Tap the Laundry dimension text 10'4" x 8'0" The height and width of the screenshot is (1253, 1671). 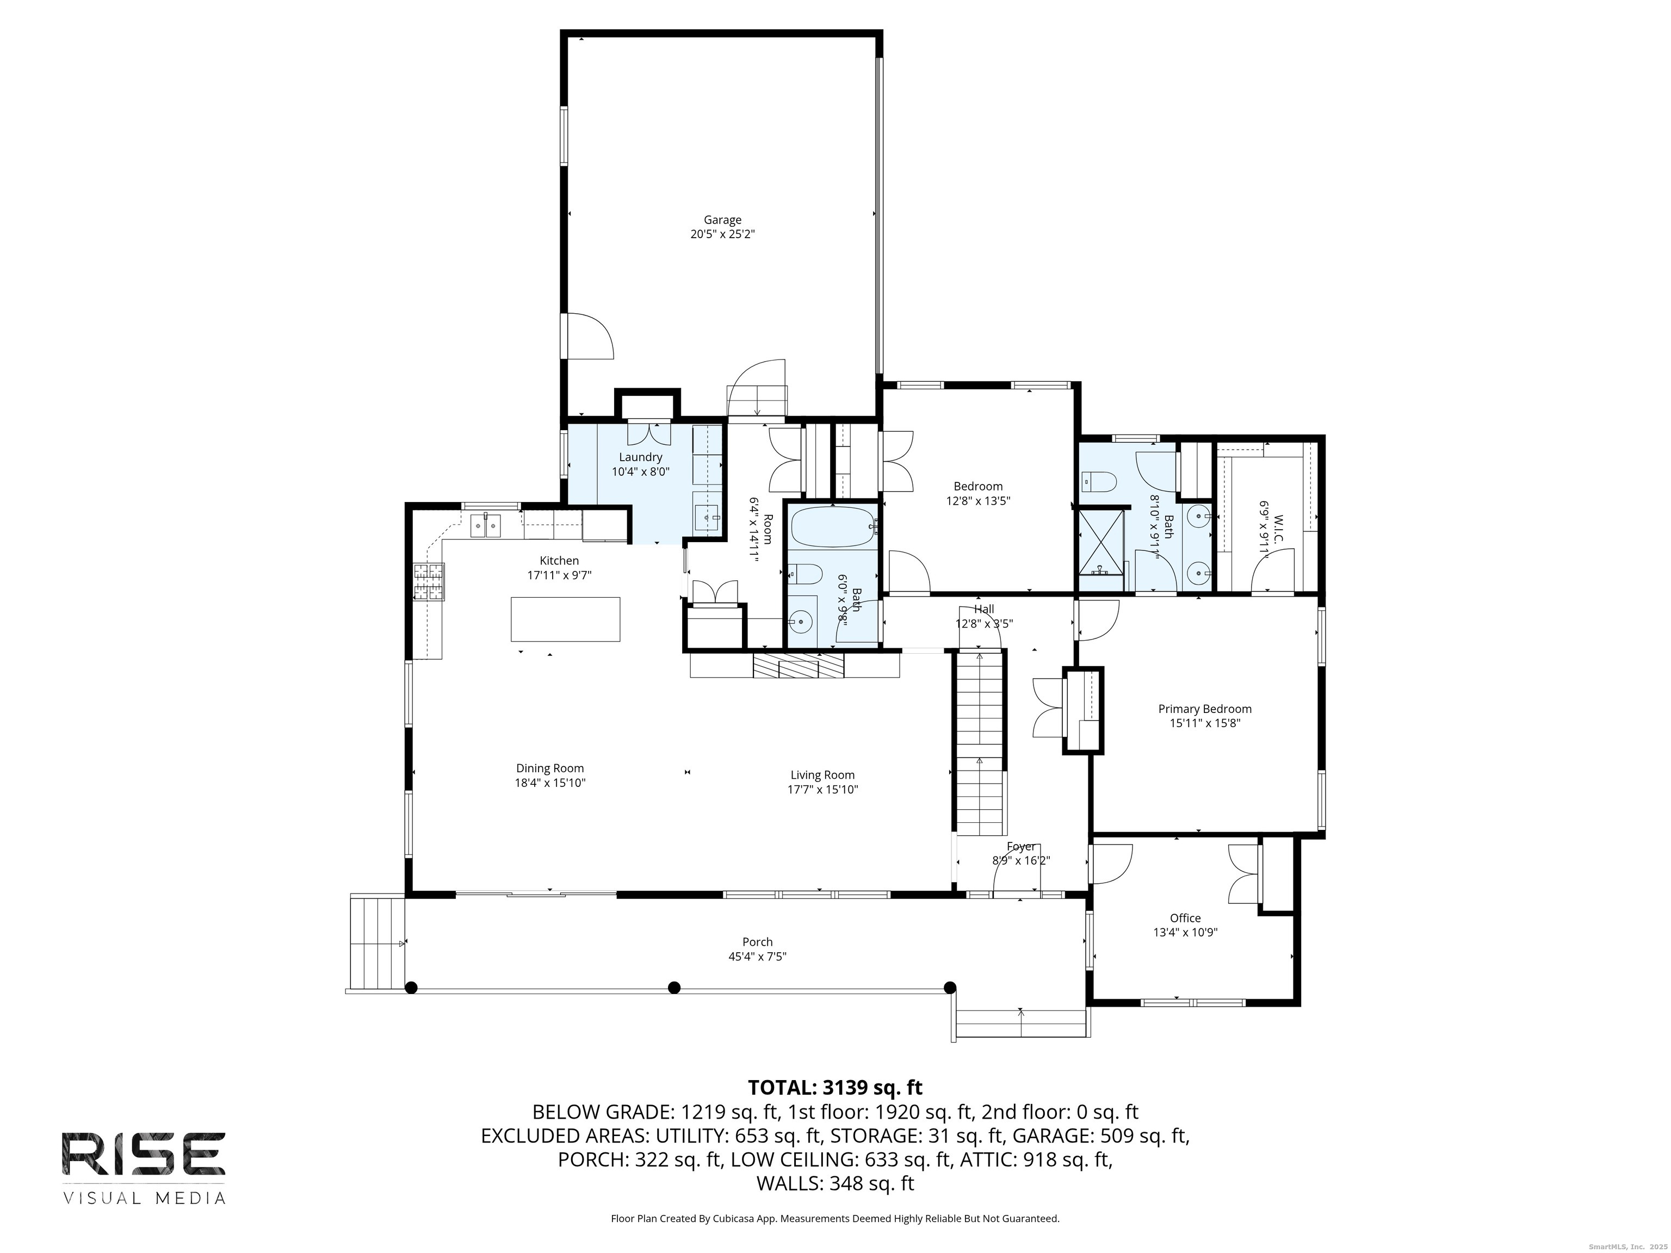click(x=641, y=472)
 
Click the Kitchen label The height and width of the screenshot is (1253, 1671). click(x=559, y=560)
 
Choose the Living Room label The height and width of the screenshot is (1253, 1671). click(x=822, y=775)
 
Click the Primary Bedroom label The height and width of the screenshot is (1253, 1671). click(x=1205, y=709)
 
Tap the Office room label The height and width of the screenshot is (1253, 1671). click(x=1185, y=919)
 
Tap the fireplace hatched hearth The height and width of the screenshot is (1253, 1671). click(x=799, y=666)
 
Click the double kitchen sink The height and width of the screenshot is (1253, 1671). click(x=486, y=525)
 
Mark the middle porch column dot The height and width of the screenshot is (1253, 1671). click(x=674, y=987)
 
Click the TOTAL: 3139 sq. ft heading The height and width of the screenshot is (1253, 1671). click(x=835, y=1088)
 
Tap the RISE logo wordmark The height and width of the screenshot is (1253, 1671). click(x=144, y=1154)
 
